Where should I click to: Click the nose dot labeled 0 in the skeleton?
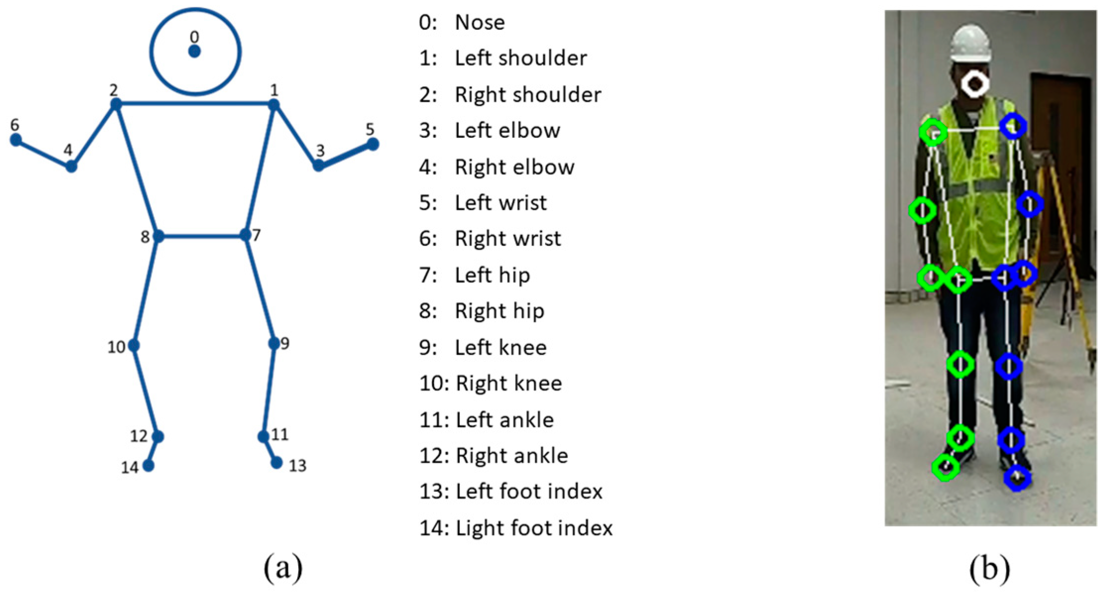(194, 51)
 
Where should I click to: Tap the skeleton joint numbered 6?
(16, 140)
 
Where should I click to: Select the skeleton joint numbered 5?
(373, 144)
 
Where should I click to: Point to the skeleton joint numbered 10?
(133, 345)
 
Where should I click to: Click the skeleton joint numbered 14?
(148, 465)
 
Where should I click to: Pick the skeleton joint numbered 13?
(276, 463)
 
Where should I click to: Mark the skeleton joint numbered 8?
(158, 236)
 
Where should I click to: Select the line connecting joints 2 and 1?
(194, 104)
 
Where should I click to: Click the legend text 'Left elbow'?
(507, 131)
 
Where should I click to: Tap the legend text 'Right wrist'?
(508, 239)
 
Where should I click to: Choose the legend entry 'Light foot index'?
(534, 528)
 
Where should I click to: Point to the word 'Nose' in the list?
(480, 23)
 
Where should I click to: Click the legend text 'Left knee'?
(500, 347)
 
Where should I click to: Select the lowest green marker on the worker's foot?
(945, 467)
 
